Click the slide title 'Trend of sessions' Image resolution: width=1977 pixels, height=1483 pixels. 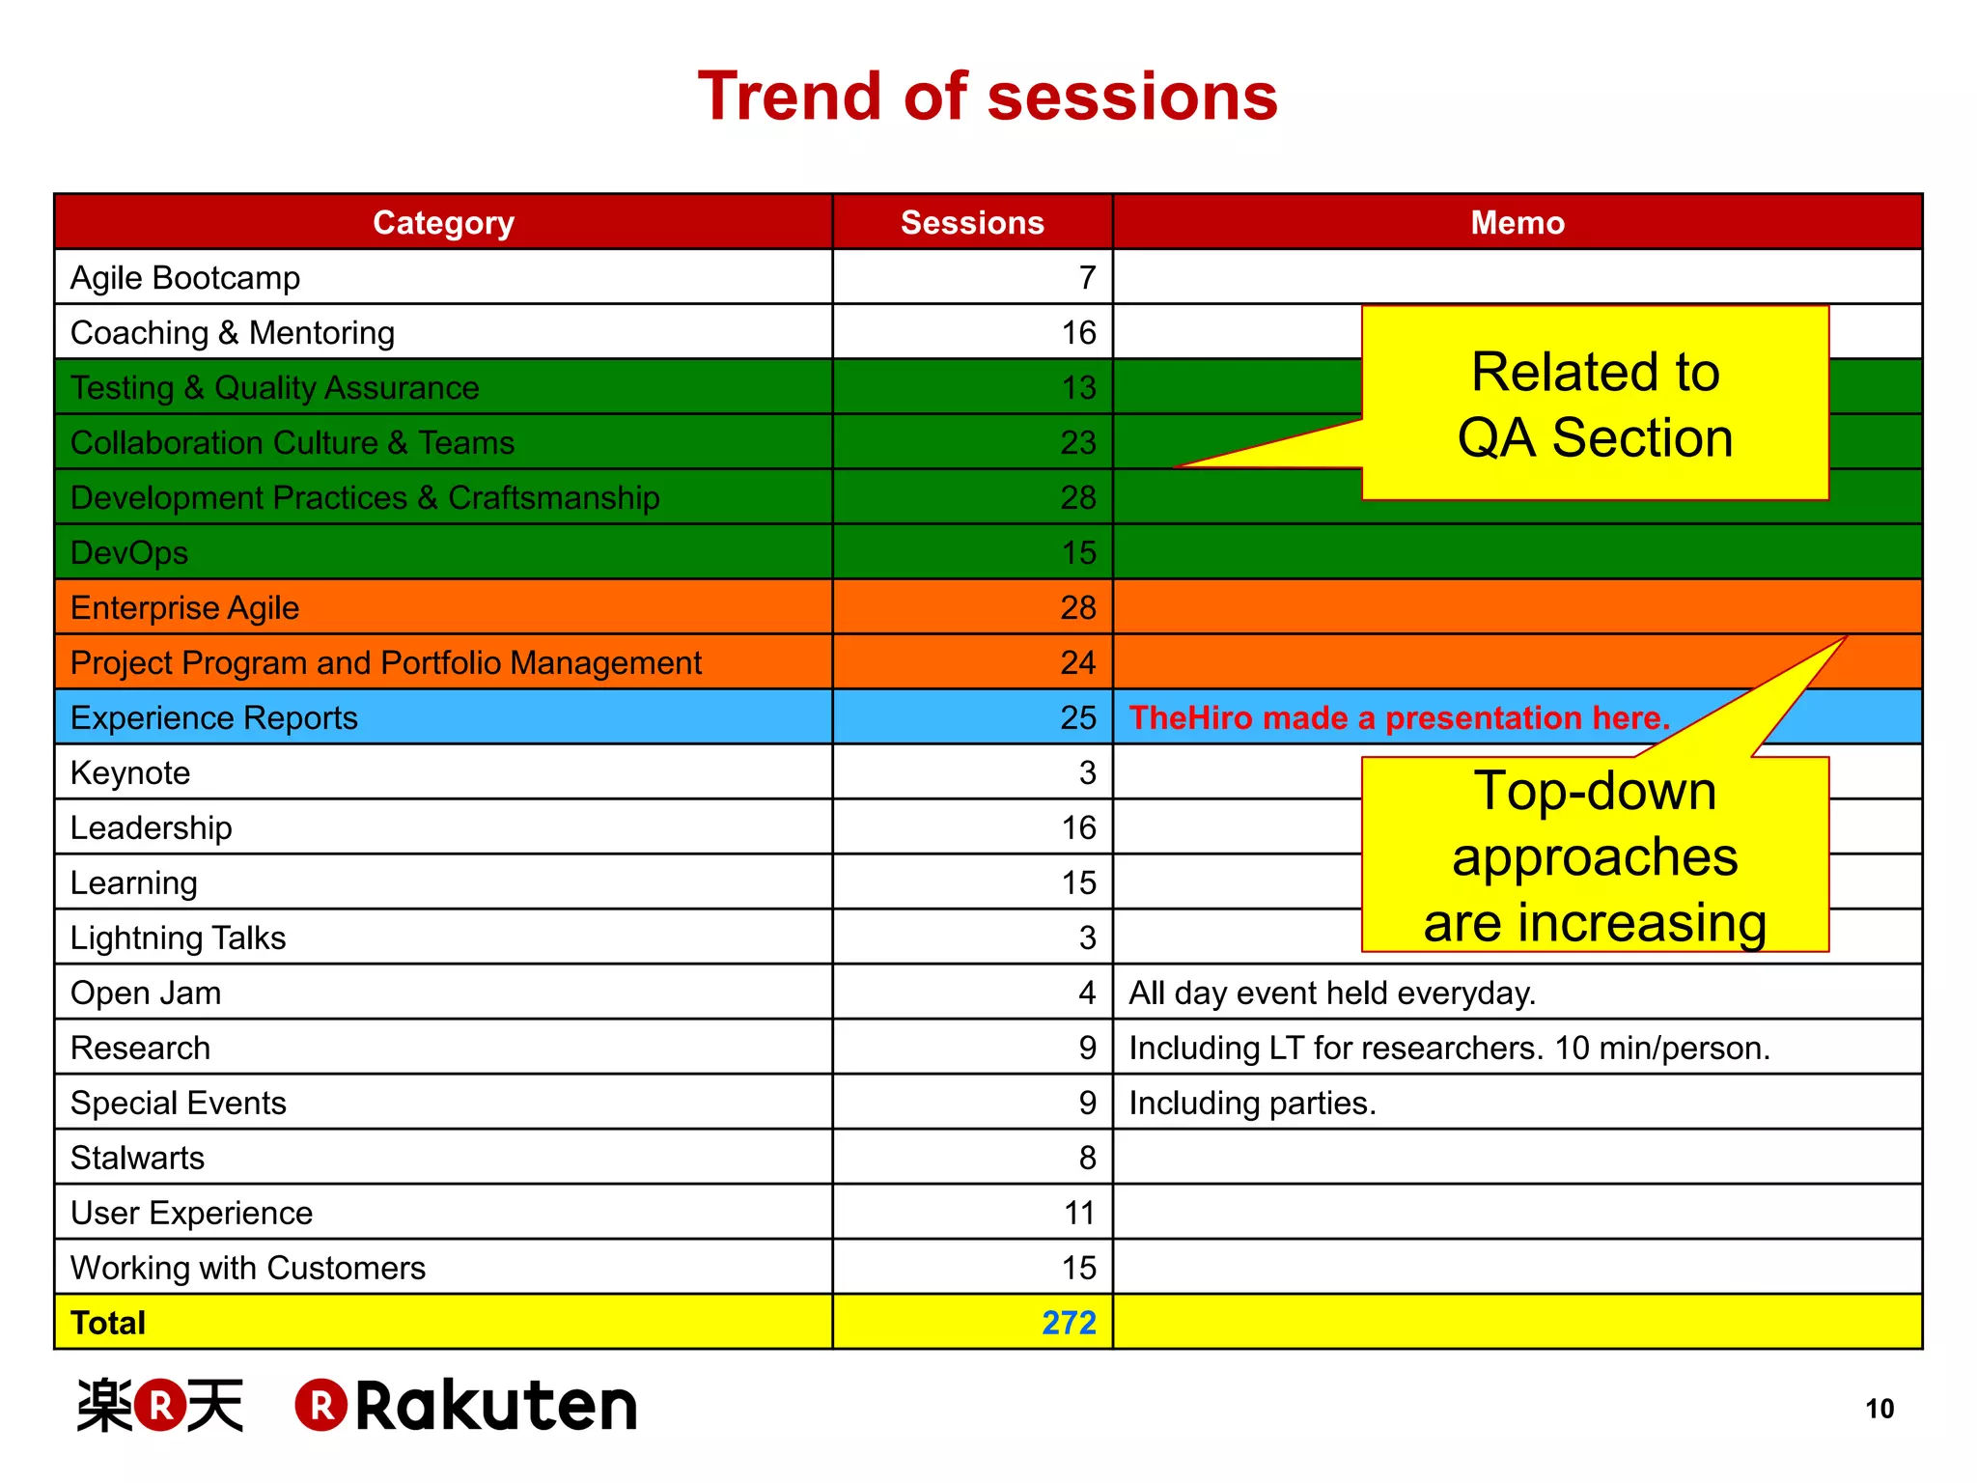click(988, 97)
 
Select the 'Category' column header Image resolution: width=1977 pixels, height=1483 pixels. click(443, 222)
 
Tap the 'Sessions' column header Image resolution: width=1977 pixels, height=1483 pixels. click(972, 222)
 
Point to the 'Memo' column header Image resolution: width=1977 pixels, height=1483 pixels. click(1517, 222)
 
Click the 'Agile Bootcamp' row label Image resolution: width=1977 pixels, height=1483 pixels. click(185, 278)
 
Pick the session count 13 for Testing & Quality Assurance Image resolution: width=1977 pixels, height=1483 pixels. click(1078, 388)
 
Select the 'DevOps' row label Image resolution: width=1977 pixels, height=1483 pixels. click(129, 553)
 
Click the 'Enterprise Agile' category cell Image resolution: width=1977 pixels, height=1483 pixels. click(185, 608)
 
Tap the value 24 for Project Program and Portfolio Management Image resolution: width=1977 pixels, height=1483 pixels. click(1077, 663)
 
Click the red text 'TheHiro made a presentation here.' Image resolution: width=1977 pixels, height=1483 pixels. click(1399, 718)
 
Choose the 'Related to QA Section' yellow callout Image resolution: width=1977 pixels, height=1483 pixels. click(1595, 405)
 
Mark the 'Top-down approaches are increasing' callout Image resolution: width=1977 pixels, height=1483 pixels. click(1595, 855)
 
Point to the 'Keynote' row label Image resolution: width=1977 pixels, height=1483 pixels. click(130, 773)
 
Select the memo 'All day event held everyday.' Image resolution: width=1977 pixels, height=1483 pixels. click(1332, 993)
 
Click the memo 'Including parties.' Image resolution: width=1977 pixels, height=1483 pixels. click(1252, 1104)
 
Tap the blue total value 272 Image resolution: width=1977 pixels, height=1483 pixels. click(1069, 1323)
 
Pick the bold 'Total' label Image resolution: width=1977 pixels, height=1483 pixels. click(108, 1323)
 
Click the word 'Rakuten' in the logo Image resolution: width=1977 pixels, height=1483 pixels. click(496, 1406)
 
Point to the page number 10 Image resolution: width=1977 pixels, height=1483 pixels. click(1879, 1409)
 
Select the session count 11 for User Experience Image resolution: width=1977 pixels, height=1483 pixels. click(1079, 1214)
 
